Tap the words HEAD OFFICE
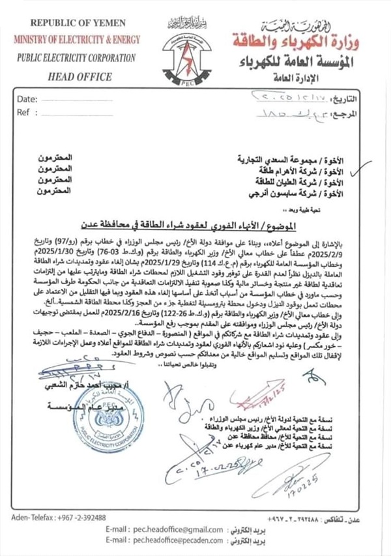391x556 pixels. pos(73,76)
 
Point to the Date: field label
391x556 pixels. pos(27,100)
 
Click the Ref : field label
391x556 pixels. pos(25,112)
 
